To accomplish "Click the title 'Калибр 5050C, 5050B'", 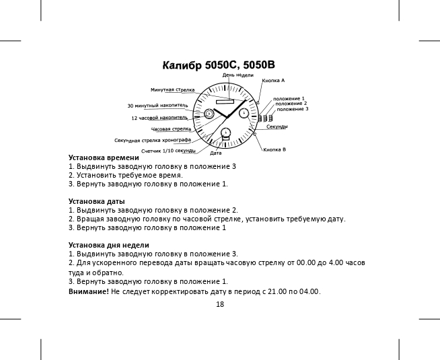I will click(219, 66).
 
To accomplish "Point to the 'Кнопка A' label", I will click(272, 80).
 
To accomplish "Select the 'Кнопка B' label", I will click(274, 149).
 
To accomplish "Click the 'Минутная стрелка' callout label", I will click(172, 89).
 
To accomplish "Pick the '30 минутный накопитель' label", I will click(157, 106).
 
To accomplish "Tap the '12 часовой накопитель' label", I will click(159, 118).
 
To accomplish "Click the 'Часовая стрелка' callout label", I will click(171, 129).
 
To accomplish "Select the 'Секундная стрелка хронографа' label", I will click(153, 141).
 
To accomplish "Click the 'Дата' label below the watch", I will click(216, 153).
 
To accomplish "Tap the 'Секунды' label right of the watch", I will click(277, 127).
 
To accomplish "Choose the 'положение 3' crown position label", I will click(293, 108).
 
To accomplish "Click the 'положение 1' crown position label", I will click(289, 98).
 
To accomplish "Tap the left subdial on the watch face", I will click(209, 114).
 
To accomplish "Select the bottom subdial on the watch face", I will click(226, 132).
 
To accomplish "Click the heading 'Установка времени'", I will click(99, 157).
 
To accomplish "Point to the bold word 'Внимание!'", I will click(89, 291).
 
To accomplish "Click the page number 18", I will click(220, 304).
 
